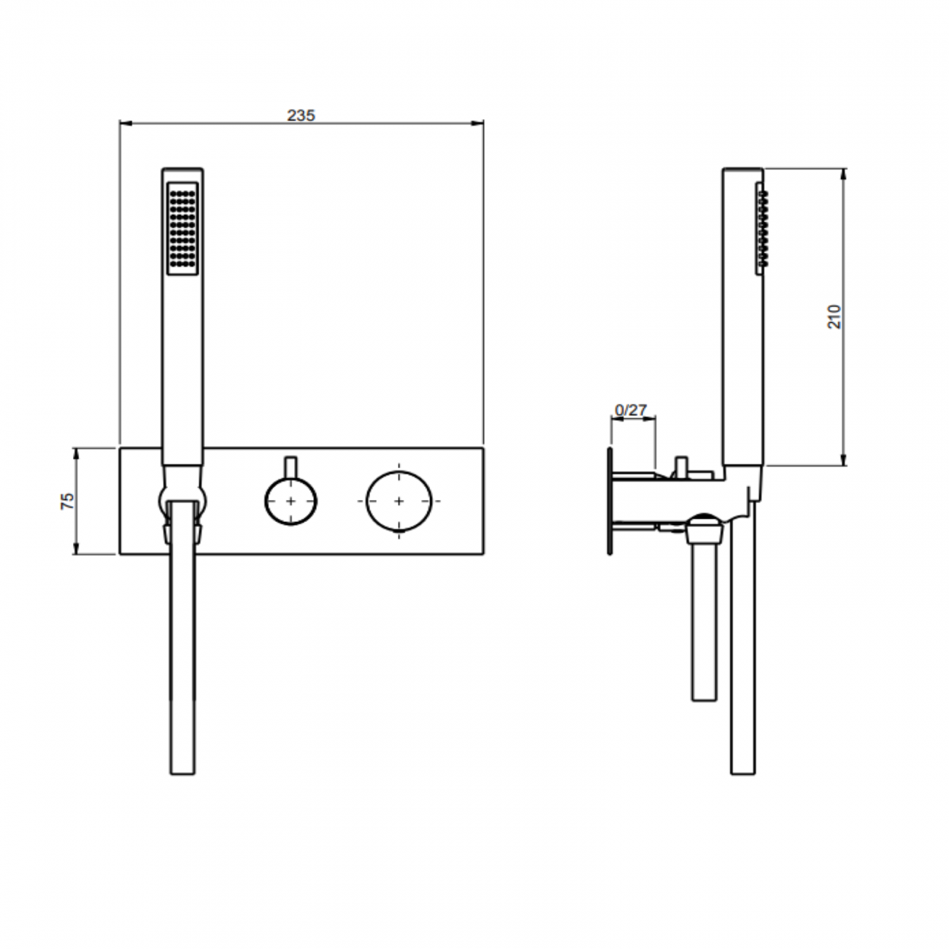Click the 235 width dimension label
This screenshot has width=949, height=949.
[x=301, y=115]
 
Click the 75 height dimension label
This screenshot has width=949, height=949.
[x=67, y=501]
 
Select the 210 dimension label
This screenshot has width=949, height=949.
[x=834, y=315]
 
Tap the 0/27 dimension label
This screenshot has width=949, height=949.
[x=631, y=410]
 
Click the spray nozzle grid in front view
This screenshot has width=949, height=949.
[x=182, y=228]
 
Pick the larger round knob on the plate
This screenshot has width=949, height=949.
[x=399, y=501]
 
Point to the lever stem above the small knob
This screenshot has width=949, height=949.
[x=291, y=466]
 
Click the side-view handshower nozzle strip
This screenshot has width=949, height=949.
[x=761, y=228]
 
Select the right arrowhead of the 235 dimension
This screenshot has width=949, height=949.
[x=480, y=123]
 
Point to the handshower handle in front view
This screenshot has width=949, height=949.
[x=182, y=365]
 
